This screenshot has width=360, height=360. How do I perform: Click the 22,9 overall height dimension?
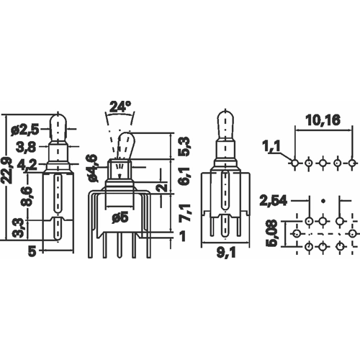click(x=9, y=170)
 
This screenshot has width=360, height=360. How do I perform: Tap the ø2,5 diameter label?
click(x=24, y=130)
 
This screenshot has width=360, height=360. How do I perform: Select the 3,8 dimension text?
click(x=26, y=147)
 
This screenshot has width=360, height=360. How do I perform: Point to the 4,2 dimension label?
click(x=27, y=165)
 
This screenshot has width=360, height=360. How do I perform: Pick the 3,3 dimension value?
click(x=20, y=228)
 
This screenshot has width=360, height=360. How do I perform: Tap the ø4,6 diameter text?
click(x=94, y=168)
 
